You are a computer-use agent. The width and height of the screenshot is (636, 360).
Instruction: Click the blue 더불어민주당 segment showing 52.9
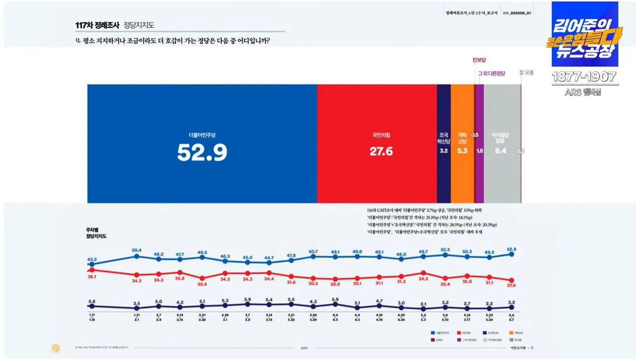(202, 144)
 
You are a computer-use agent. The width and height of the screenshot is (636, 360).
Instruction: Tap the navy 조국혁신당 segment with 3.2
(443, 144)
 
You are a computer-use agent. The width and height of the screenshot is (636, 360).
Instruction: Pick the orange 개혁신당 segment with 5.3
(462, 144)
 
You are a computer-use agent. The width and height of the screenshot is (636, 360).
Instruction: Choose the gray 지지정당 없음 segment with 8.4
(501, 144)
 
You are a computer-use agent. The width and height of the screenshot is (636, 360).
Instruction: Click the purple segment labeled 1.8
(480, 144)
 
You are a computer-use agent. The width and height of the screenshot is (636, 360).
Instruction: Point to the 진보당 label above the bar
(479, 61)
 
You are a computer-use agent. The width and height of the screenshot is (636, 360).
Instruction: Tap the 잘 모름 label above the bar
(526, 73)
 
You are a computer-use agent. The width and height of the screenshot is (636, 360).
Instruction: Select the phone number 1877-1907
(584, 77)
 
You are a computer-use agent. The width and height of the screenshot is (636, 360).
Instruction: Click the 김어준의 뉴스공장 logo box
(585, 34)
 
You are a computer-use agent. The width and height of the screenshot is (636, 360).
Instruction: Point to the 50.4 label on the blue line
(137, 250)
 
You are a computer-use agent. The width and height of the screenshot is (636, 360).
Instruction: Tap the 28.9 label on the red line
(335, 285)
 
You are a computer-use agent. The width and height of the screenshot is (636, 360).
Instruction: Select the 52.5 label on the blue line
(446, 249)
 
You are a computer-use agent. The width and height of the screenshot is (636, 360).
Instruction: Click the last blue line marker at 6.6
(512, 255)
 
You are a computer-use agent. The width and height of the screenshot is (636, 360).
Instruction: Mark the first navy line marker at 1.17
(92, 306)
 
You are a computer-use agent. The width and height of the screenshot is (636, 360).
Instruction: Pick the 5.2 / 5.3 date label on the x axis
(423, 317)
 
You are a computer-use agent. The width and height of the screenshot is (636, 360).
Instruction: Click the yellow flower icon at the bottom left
(55, 347)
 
